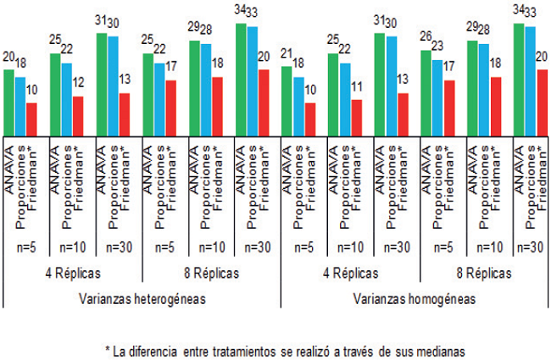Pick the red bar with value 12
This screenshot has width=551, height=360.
click(x=78, y=114)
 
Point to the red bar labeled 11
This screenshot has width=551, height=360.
click(x=356, y=115)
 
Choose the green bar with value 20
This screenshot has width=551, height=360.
click(x=9, y=100)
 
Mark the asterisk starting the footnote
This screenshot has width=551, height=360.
click(x=107, y=347)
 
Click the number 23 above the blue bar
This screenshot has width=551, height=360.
click(x=437, y=53)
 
